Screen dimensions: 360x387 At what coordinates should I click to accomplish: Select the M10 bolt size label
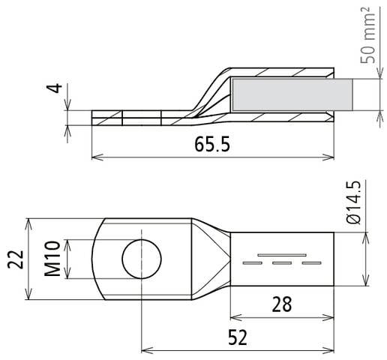pyautogui.click(x=52, y=259)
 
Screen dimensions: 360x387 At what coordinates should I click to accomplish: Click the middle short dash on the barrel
pyautogui.click(x=282, y=264)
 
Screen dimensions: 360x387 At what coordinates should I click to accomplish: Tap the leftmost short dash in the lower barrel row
pyautogui.click(x=253, y=264)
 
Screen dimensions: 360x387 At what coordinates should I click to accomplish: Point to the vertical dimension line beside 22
pyautogui.click(x=28, y=259)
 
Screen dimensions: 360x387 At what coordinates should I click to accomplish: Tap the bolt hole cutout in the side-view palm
pyautogui.click(x=142, y=118)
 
